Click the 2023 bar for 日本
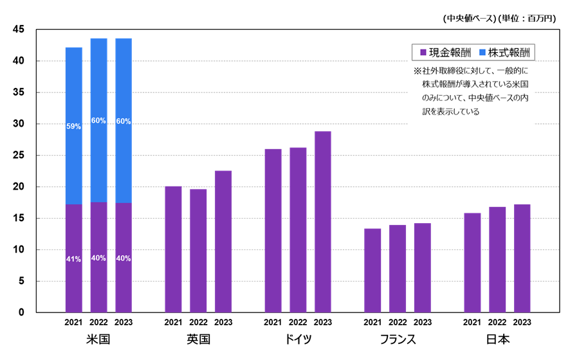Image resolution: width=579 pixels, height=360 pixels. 522,258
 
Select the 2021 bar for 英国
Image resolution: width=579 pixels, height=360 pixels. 173,249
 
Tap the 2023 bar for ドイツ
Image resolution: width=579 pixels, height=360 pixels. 322,222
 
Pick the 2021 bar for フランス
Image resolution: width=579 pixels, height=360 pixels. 372,271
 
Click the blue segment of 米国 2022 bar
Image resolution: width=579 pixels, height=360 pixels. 98,120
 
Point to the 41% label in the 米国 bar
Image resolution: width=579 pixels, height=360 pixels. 73,259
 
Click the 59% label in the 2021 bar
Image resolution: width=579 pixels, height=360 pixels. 73,127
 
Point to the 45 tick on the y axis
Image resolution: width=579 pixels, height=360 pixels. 19,30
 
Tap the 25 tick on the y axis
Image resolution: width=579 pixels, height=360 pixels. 19,156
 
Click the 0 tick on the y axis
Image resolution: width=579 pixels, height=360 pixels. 21,313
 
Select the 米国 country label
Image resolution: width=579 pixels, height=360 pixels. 98,339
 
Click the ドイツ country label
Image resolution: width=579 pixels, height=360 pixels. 298,339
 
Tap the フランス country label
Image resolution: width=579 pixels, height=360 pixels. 398,339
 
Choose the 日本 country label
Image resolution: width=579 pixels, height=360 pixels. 497,339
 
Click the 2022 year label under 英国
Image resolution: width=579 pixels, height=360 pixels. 198,323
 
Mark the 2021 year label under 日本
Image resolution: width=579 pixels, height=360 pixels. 472,323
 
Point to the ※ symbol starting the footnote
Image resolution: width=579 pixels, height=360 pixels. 417,71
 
